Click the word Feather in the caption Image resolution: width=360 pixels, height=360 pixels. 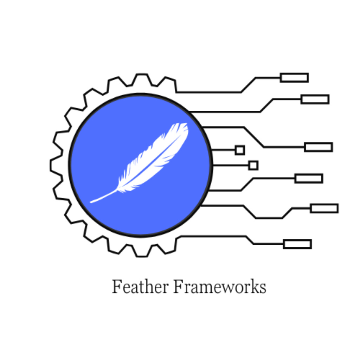click(x=140, y=287)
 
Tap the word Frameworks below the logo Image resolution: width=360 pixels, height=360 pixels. click(x=219, y=287)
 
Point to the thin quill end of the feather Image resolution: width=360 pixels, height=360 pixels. click(x=93, y=201)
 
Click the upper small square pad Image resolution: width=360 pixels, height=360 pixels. click(x=240, y=150)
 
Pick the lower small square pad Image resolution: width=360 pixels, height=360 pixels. click(x=253, y=165)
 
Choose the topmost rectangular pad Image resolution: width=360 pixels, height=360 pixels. click(x=294, y=78)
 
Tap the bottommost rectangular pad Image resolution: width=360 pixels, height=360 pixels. click(x=297, y=244)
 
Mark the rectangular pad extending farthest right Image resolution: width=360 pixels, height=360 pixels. click(x=324, y=208)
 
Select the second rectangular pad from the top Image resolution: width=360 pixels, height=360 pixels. click(x=315, y=99)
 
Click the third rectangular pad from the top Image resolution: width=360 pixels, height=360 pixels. click(x=318, y=147)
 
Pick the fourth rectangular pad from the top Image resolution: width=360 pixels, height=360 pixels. click(x=309, y=179)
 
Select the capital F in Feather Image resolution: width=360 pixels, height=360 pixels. click(x=117, y=287)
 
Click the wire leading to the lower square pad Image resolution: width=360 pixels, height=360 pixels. click(x=230, y=165)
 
